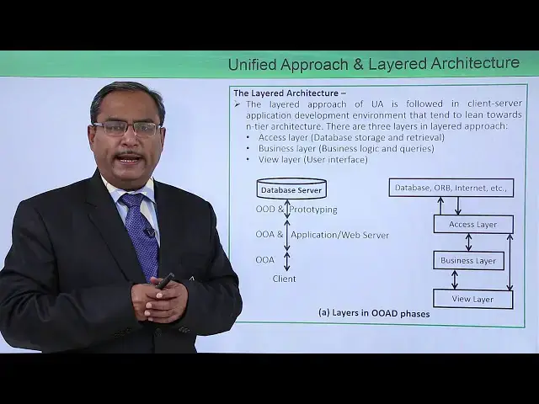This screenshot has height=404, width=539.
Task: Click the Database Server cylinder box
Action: [x=291, y=189]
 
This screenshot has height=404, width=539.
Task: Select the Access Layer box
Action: [x=472, y=224]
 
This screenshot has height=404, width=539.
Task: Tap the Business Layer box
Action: [x=468, y=260]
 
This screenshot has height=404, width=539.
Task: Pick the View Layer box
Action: [x=472, y=298]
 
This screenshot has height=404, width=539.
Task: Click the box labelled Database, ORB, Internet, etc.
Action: [x=451, y=188]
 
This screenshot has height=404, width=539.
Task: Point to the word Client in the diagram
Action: [x=284, y=279]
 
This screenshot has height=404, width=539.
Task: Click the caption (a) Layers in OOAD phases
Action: [x=374, y=313]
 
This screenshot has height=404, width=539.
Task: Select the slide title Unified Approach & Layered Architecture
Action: [x=373, y=63]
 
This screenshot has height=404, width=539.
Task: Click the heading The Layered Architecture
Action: [x=290, y=93]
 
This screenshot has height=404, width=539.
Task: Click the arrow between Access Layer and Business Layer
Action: [x=469, y=242]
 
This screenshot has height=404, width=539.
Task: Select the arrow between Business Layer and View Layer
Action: [x=456, y=279]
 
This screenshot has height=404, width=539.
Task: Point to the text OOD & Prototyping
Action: [x=296, y=210]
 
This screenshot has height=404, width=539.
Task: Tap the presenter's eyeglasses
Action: [x=125, y=129]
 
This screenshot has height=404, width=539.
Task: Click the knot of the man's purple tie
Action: [x=131, y=201]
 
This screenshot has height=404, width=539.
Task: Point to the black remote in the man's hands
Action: [x=164, y=281]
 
